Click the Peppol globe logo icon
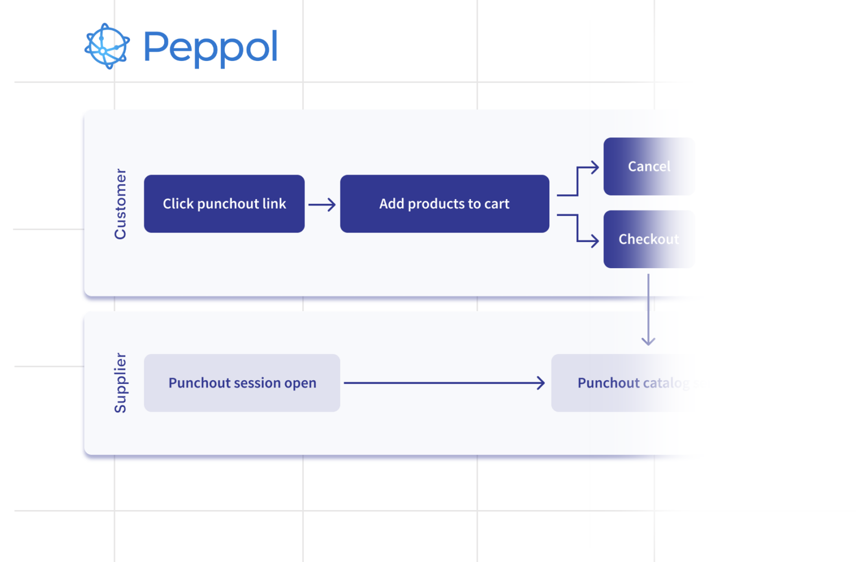click(107, 47)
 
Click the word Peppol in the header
click(210, 47)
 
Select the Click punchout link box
click(224, 204)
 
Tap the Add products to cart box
click(445, 204)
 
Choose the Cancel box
click(648, 166)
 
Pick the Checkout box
click(648, 239)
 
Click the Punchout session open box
click(242, 383)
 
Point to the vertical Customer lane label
click(120, 204)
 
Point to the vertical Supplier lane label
click(120, 383)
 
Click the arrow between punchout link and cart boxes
click(322, 204)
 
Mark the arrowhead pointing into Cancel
click(594, 168)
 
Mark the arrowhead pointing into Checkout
click(594, 240)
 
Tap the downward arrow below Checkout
click(648, 310)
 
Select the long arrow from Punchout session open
click(444, 383)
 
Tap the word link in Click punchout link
click(274, 204)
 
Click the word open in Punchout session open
click(300, 384)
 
